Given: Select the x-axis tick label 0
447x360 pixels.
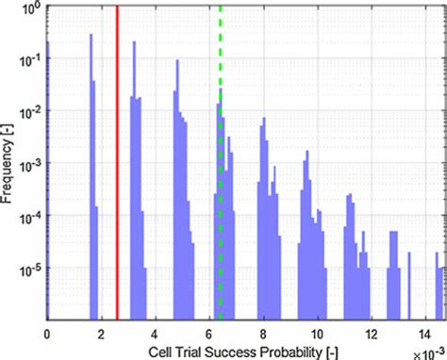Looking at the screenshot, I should pyautogui.click(x=47, y=335).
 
